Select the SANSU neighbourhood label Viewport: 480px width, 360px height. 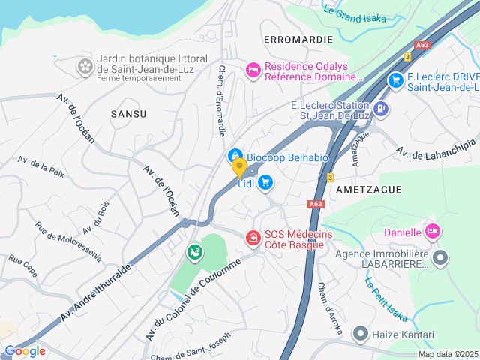(128, 113)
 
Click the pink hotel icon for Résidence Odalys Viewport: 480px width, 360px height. (253, 70)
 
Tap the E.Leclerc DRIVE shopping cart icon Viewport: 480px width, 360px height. (395, 79)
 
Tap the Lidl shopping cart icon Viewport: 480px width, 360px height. (265, 182)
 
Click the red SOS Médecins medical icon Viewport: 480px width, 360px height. (253, 238)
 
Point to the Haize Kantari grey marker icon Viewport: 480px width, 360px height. (361, 332)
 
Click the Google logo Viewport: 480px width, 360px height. (25, 350)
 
